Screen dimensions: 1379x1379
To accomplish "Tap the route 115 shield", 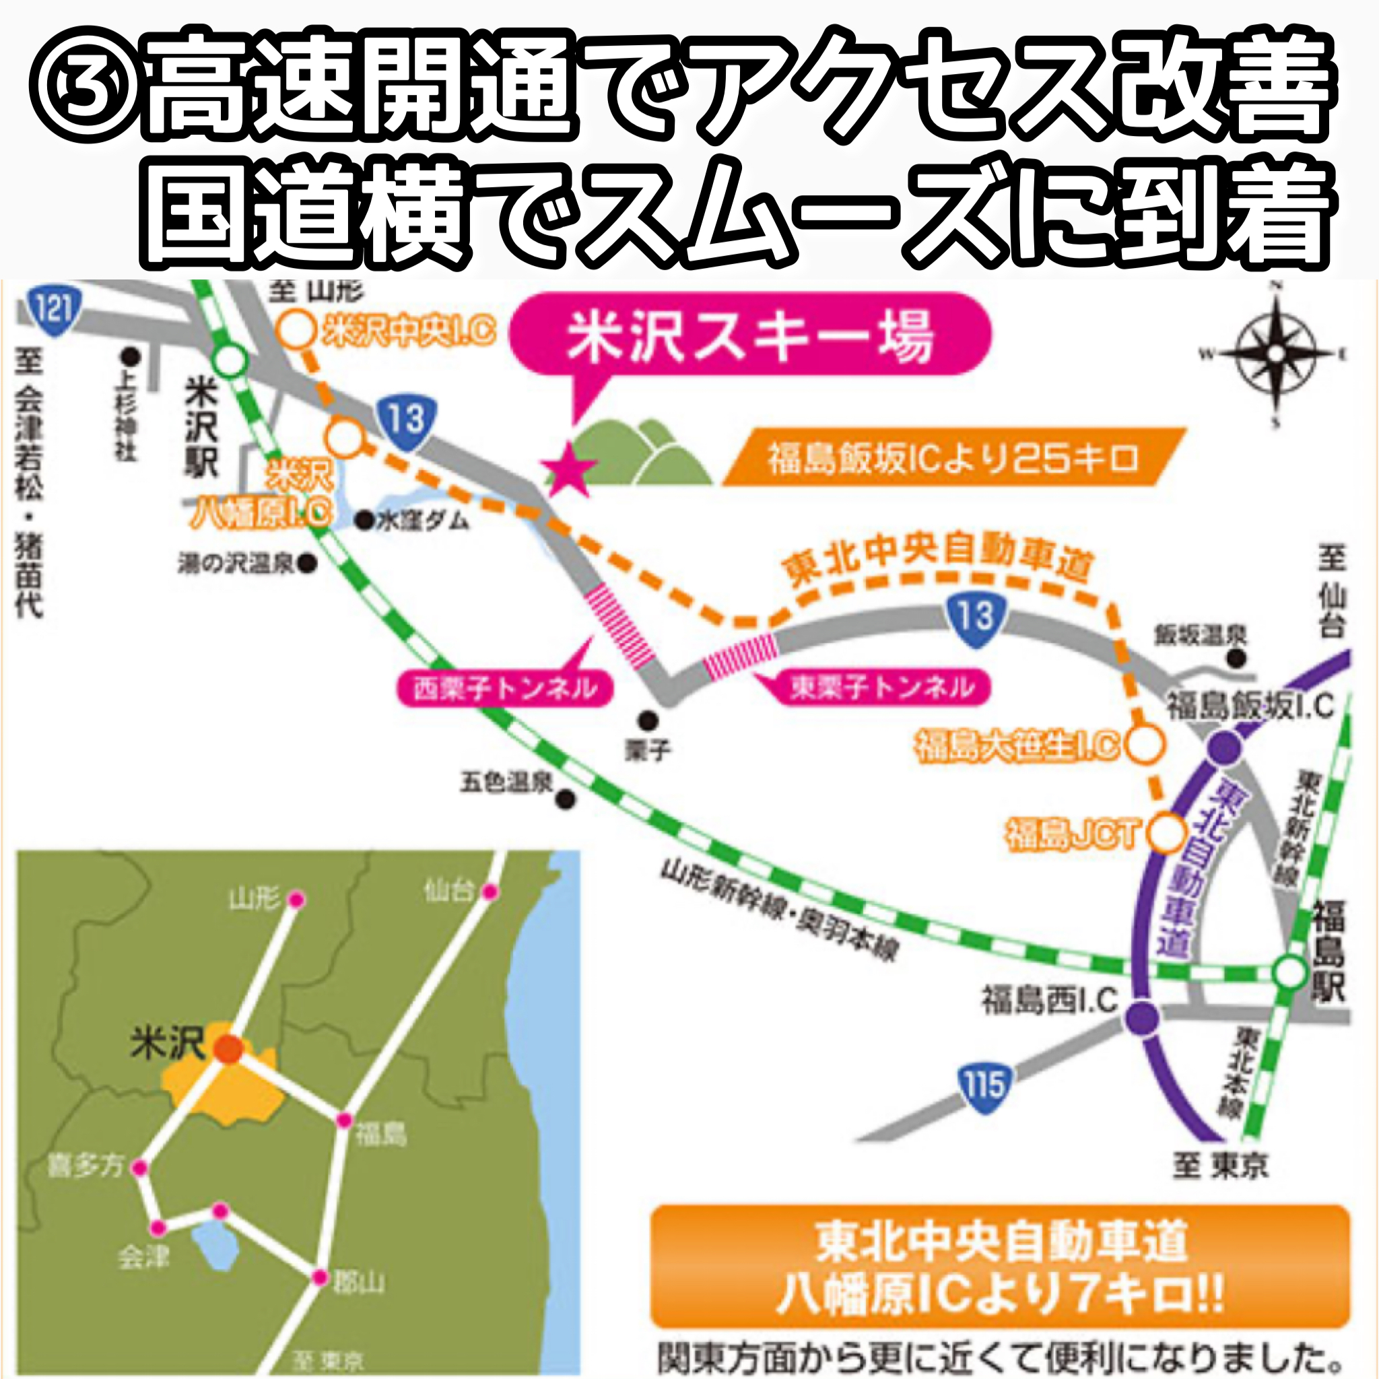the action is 985,1087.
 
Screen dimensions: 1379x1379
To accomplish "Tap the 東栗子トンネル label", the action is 881,687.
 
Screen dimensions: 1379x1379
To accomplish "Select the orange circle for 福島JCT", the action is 1166,833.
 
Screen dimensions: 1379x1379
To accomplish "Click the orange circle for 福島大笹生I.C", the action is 1145,745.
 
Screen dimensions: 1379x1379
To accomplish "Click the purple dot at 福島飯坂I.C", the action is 1225,748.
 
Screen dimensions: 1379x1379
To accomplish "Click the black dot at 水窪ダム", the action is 365,521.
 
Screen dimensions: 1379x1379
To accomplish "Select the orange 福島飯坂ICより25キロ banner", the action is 953,457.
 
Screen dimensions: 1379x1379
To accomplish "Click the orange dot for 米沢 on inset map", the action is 228,1048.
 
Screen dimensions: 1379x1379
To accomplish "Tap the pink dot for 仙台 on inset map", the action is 490,892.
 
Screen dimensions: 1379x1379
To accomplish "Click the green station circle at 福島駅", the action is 1289,972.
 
